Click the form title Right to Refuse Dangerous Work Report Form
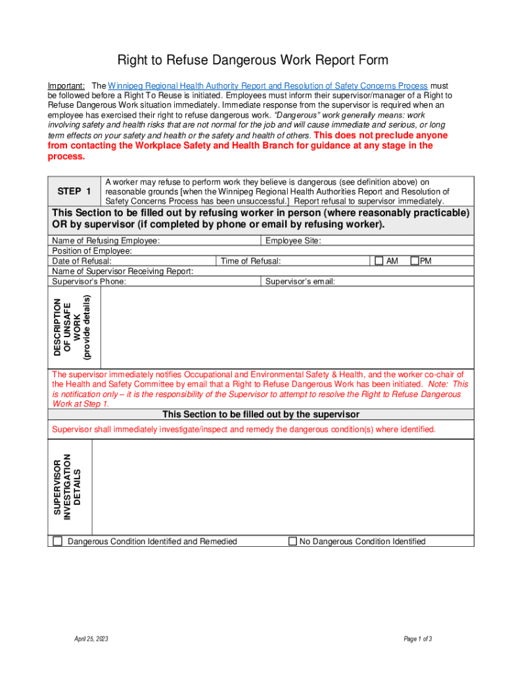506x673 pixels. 252,60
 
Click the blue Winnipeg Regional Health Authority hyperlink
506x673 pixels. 268,86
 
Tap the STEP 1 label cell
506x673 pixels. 74,191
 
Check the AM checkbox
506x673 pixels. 379,261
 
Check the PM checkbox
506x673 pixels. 415,261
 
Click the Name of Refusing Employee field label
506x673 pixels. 106,241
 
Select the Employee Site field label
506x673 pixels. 292,241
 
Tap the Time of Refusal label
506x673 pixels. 251,261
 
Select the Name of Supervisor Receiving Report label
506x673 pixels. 122,271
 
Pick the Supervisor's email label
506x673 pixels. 300,281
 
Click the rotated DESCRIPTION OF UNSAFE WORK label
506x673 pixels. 72,327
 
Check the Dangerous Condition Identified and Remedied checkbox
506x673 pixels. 58,542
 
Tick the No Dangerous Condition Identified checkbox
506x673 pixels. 292,542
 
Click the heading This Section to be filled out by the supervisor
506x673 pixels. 261,415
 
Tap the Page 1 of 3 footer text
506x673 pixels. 418,638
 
